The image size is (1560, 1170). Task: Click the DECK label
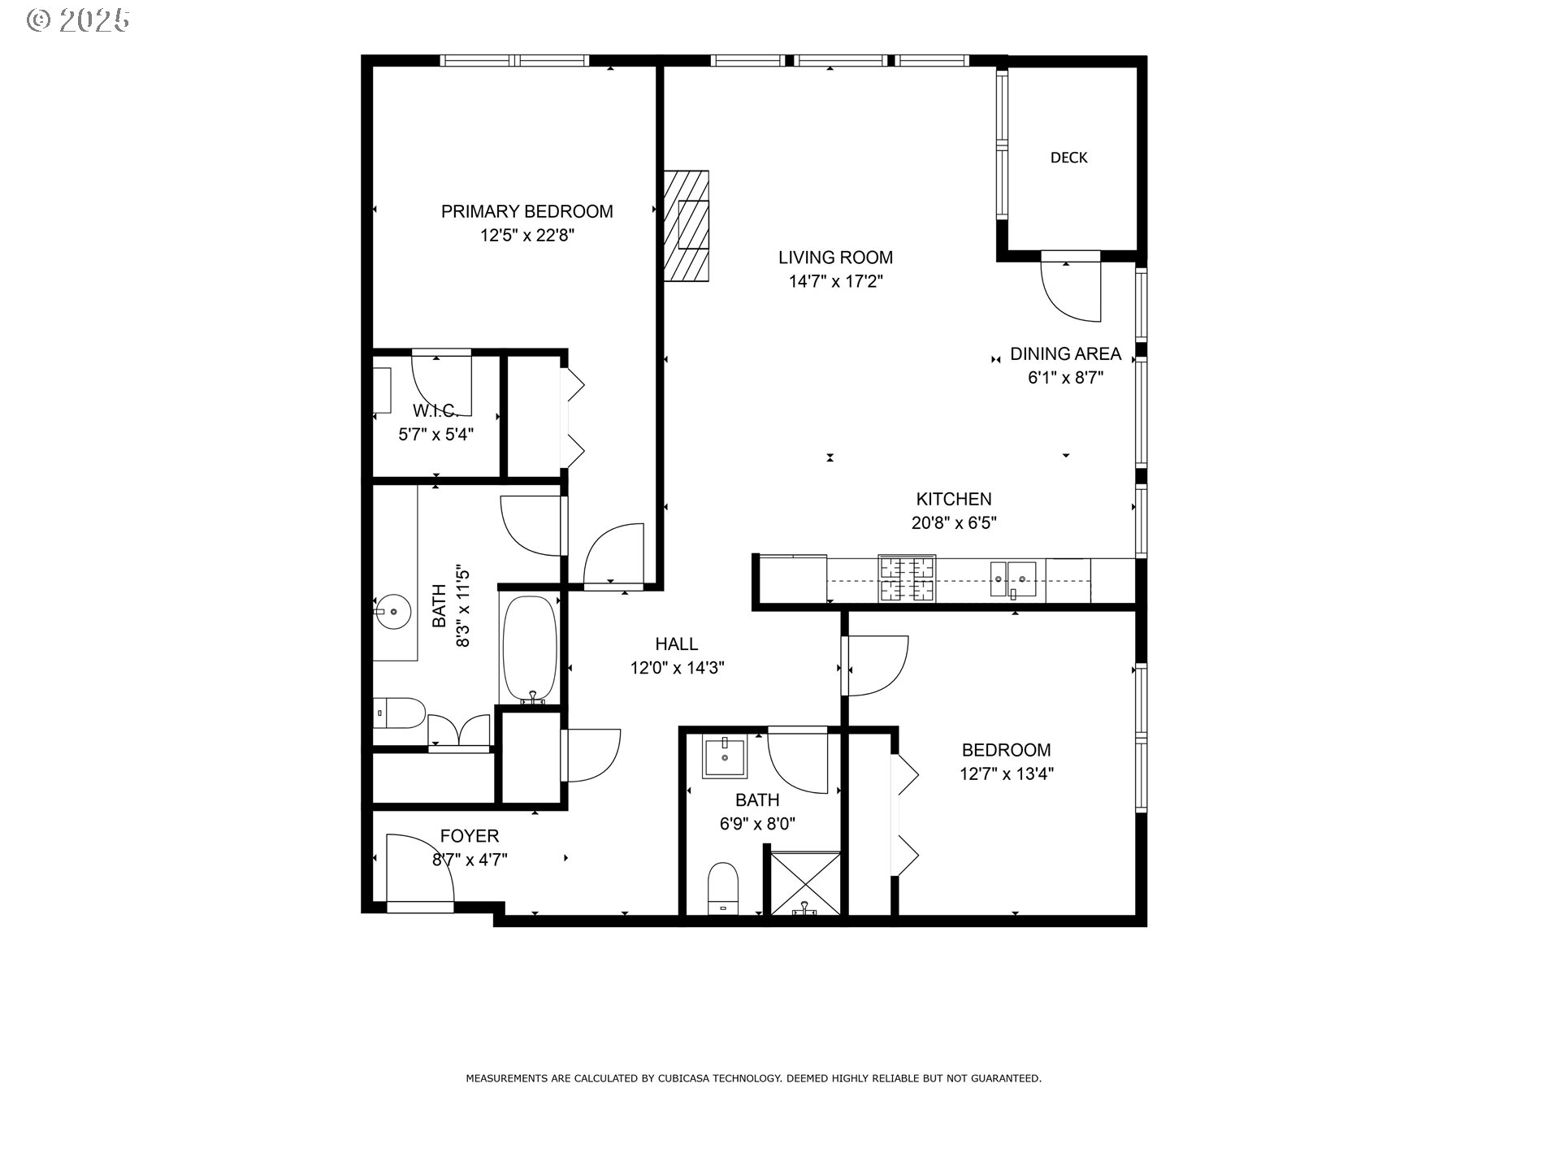pos(1068,158)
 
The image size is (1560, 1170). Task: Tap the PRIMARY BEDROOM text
pos(526,211)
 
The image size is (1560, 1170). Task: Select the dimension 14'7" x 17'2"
pos(835,282)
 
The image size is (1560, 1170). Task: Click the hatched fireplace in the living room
pos(687,225)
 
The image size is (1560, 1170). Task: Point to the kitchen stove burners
pos(907,578)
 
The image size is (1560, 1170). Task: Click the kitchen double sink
pos(1012,578)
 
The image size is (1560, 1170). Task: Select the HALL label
pos(676,644)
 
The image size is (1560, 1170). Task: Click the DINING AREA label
pos(1065,353)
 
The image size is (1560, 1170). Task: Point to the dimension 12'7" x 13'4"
pos(1006,773)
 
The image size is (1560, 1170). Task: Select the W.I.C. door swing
pos(439,382)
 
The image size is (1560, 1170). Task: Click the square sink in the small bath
pos(723,756)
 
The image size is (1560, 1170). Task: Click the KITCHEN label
pos(953,499)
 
